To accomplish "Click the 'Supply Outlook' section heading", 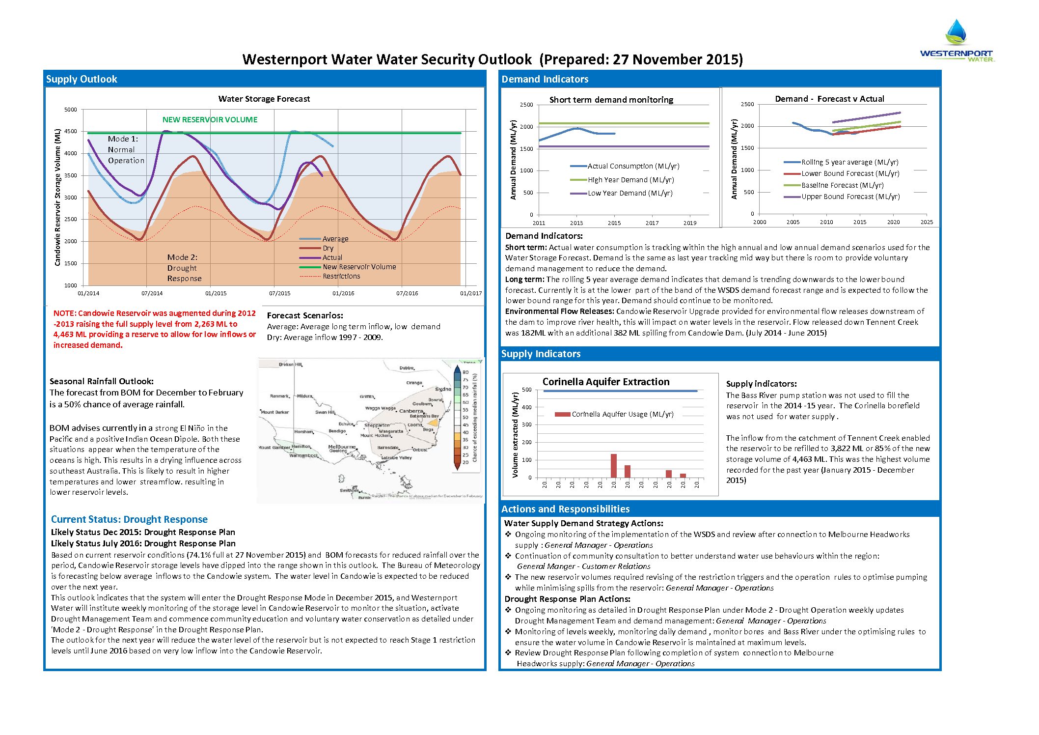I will (x=82, y=79).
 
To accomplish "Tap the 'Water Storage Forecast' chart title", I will (x=264, y=99).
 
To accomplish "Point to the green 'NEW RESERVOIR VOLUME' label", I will (x=210, y=119).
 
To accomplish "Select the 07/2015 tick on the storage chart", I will (x=279, y=293).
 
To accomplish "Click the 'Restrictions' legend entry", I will (x=341, y=276).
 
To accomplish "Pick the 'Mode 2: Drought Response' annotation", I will (x=184, y=268).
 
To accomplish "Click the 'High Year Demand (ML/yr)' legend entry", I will (x=630, y=180).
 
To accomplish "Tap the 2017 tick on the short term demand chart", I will (x=652, y=223).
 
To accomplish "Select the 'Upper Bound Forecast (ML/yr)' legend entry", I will (x=850, y=197).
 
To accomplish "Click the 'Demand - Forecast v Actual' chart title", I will (x=829, y=99).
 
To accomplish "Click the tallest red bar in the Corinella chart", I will (x=614, y=465).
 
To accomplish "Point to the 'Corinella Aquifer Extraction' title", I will (x=606, y=382).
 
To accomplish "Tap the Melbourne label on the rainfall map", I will (x=342, y=447).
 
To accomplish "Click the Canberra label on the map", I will (x=411, y=411).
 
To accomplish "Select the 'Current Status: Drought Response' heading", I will (x=129, y=519).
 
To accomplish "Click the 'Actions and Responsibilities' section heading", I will (x=565, y=509).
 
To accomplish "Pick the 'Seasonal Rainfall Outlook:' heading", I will (x=102, y=381).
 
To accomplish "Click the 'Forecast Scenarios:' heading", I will (x=305, y=315).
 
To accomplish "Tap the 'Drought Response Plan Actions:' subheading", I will (x=567, y=599).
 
